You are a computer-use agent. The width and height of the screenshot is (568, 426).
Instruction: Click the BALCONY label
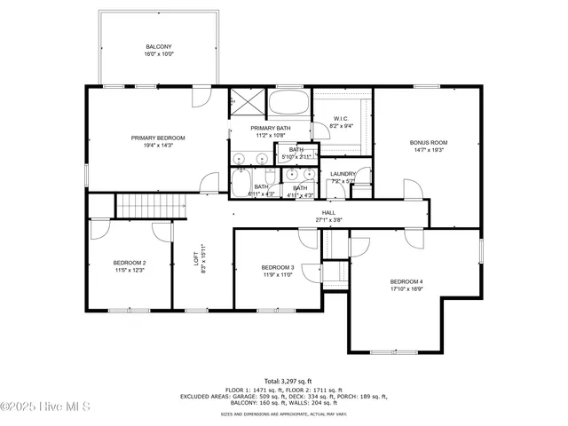[x=159, y=46]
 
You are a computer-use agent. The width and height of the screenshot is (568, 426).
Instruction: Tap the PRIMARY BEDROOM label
[x=158, y=138]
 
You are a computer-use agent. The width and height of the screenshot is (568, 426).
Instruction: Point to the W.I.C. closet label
[x=341, y=119]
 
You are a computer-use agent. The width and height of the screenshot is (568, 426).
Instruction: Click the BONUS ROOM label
[x=428, y=142]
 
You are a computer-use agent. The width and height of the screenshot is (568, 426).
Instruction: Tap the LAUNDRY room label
[x=343, y=174]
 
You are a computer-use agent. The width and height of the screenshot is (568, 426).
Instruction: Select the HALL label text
[x=328, y=213]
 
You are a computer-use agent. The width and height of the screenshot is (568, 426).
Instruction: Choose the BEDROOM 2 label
[x=130, y=263]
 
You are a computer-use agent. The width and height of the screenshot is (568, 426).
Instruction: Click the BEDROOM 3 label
[x=277, y=267]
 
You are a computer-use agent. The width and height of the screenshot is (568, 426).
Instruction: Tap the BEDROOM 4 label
[x=406, y=281]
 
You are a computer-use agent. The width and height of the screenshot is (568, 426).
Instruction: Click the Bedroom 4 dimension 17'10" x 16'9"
[x=406, y=288]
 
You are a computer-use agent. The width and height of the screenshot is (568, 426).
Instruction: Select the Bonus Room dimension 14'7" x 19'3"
[x=428, y=150]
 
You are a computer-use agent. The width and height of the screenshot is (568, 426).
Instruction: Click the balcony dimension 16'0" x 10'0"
[x=159, y=54]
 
